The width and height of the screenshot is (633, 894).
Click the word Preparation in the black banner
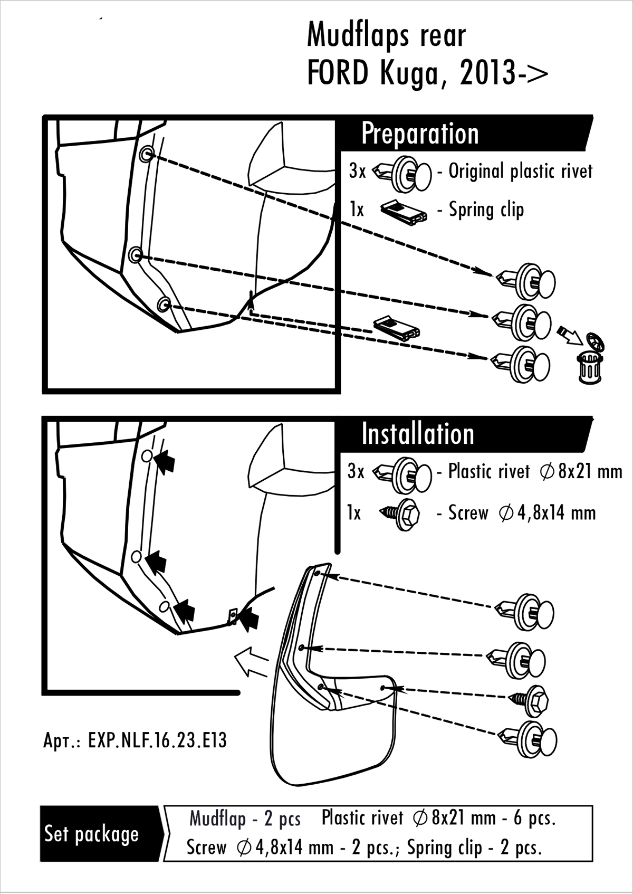[420, 134]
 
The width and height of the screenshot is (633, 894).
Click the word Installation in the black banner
[418, 434]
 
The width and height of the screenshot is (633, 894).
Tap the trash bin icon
[590, 364]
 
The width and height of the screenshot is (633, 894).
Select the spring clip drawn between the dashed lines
[396, 328]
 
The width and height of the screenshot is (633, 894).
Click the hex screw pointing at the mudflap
[530, 699]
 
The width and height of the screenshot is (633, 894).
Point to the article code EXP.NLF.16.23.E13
[135, 740]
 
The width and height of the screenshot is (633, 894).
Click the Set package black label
[91, 834]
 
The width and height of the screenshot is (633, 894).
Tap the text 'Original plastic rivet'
[520, 171]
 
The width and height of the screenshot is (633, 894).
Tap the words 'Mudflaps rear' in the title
[386, 36]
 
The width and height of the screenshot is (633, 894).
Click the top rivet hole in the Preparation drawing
[147, 154]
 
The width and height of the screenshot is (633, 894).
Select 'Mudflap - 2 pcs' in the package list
[245, 819]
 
